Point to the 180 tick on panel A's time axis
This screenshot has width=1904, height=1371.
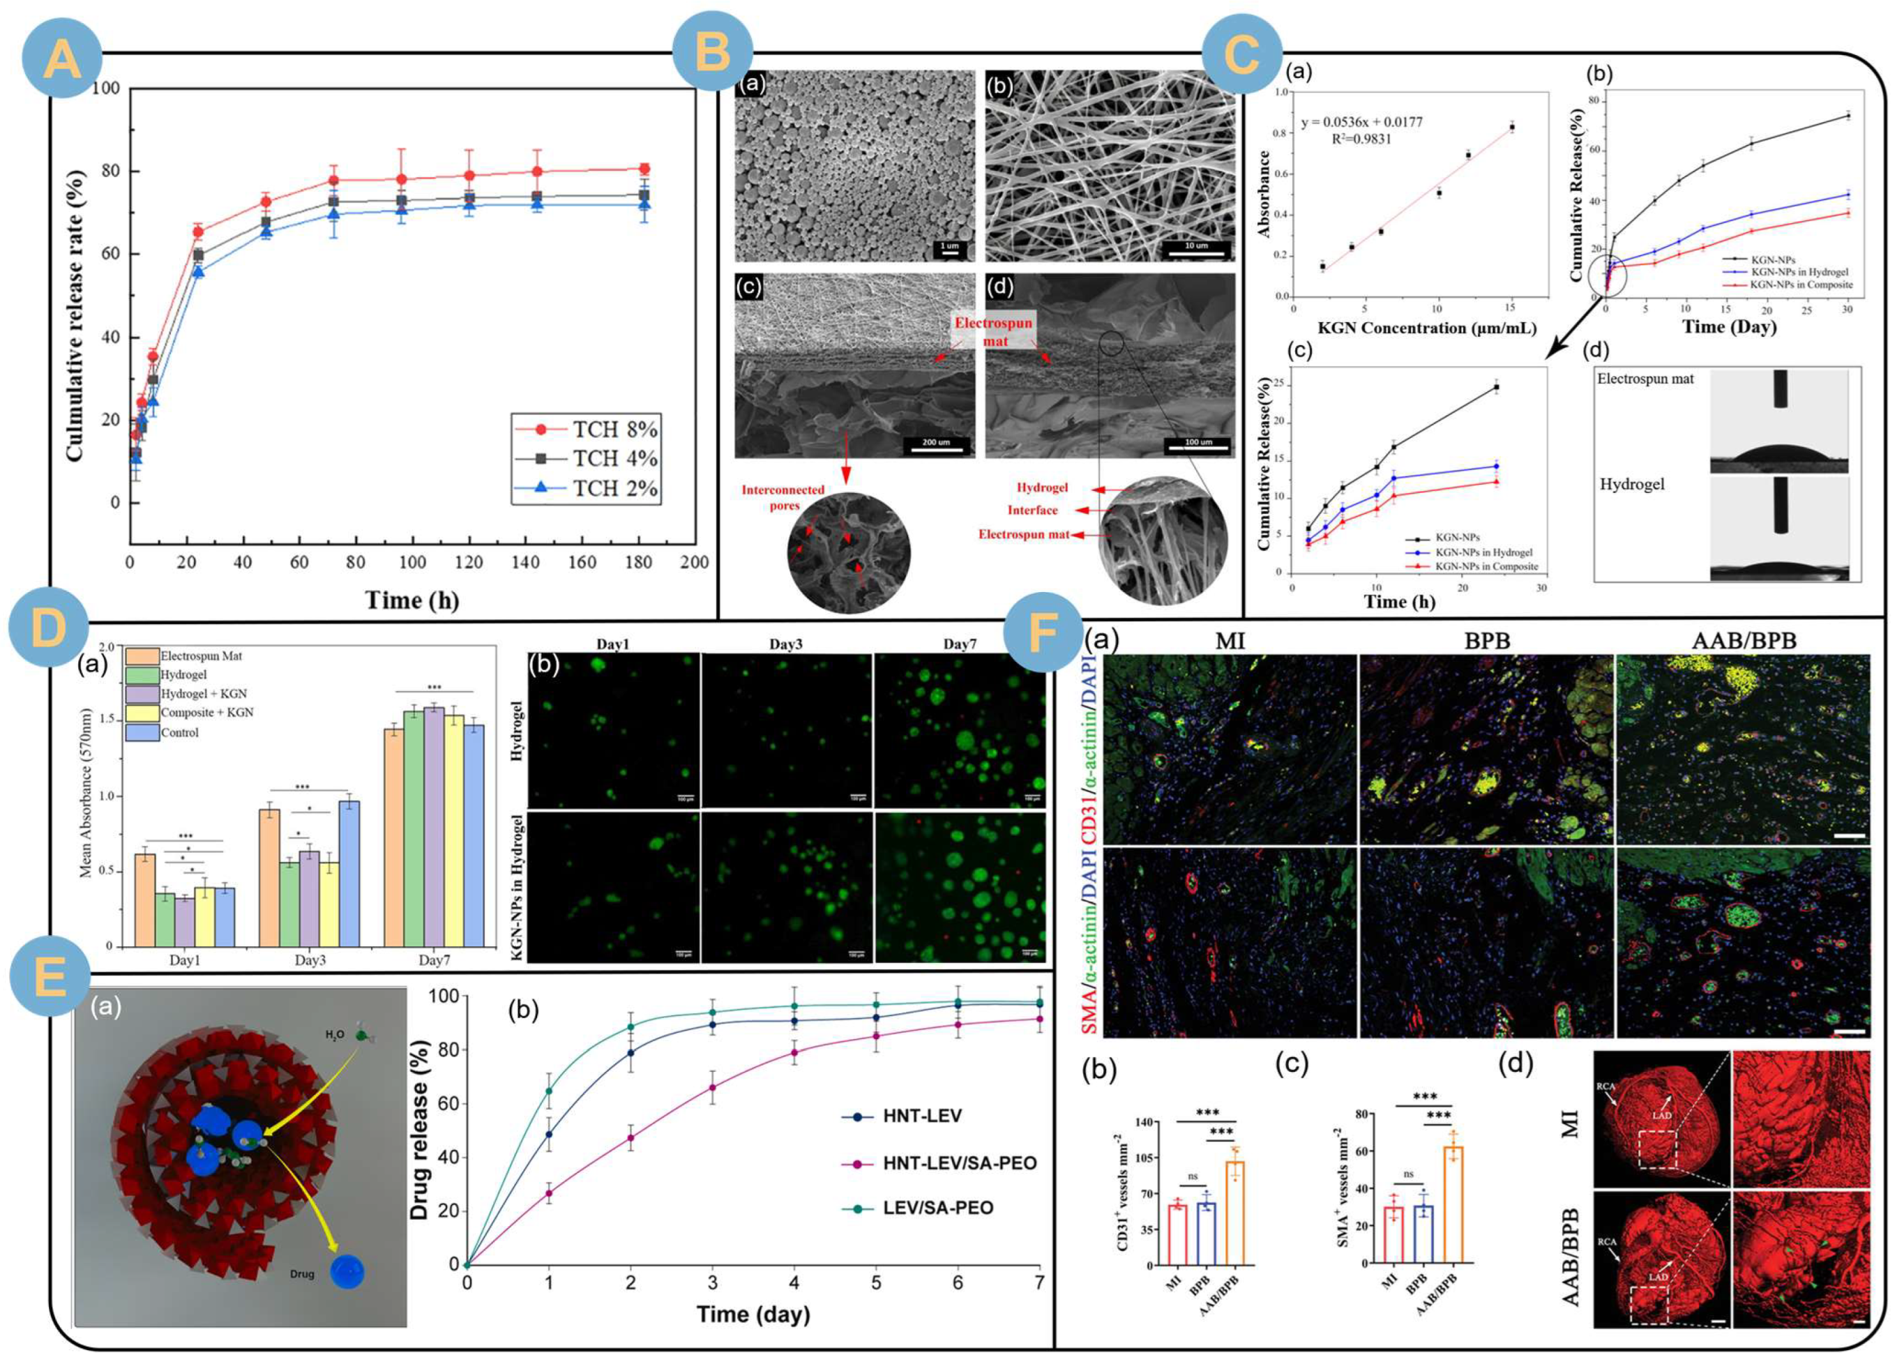pos(639,561)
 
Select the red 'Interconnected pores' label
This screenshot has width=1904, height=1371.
pos(783,497)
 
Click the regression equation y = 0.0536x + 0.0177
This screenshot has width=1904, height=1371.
pos(1361,123)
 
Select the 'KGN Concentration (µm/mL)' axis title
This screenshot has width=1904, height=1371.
pos(1426,328)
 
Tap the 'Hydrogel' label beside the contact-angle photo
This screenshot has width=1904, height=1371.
pos(1632,485)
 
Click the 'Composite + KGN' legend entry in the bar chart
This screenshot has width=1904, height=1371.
pos(206,712)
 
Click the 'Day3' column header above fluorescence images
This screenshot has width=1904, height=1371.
pos(786,644)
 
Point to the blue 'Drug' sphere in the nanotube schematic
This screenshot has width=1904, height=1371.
pos(347,1272)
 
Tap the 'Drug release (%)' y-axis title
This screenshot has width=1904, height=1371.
pos(421,1129)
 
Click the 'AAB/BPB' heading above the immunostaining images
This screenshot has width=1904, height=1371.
pos(1744,641)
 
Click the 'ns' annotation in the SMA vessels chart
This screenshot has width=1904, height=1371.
pos(1408,1174)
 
